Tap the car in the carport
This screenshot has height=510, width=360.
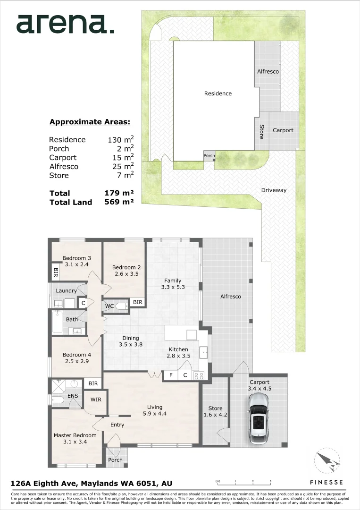pos(259,418)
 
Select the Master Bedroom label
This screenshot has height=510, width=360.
pos(75,435)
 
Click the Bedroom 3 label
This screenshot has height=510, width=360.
pos(77,258)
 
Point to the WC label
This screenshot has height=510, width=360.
pos(109,306)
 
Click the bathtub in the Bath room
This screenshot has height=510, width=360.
pos(58,322)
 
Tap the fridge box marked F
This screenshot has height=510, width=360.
pos(171,375)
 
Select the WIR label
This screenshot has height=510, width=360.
pos(96,399)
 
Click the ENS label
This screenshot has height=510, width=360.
pos(73,396)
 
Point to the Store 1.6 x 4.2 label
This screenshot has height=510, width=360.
pos(216,411)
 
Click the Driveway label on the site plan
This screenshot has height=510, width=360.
pos(274,190)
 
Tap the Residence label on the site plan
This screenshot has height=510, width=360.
pos(218,93)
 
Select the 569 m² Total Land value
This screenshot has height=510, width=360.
pos(119,202)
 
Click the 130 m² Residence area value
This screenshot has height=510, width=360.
pos(120,139)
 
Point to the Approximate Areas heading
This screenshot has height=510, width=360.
pos(90,122)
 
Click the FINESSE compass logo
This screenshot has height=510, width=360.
pos(327,461)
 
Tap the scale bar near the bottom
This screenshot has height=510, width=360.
pos(243,482)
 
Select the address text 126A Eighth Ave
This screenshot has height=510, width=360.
pos(44,484)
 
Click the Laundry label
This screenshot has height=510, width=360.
pos(66,290)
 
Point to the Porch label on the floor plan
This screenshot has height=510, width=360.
pos(115,460)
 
